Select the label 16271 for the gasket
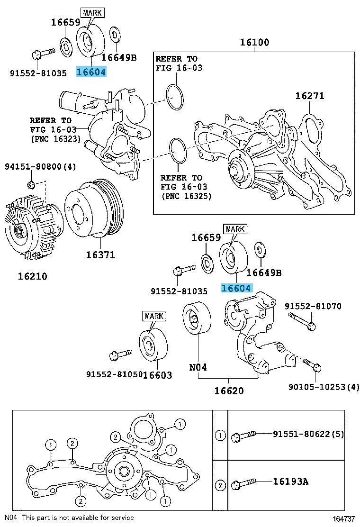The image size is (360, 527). [x=310, y=96]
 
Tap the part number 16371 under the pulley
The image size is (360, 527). [x=100, y=254]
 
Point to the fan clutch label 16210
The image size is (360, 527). [x=33, y=275]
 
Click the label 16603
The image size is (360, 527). [x=157, y=375]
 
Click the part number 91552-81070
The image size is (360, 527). [x=313, y=307]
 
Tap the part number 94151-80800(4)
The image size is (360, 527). [x=41, y=167]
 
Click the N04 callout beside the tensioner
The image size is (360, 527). [x=198, y=366]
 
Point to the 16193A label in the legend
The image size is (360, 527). [x=290, y=482]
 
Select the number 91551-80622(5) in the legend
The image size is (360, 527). [x=308, y=434]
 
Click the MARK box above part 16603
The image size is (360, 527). [x=154, y=316]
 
